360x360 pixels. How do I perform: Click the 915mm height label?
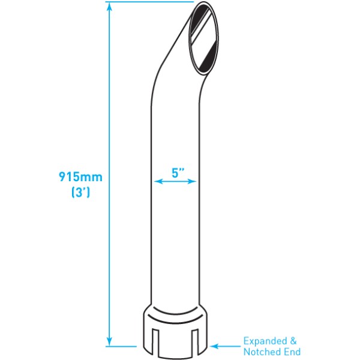tap(80, 178)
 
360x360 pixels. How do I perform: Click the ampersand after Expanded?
tap(296, 341)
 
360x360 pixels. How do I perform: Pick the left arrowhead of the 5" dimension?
tap(157, 181)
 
